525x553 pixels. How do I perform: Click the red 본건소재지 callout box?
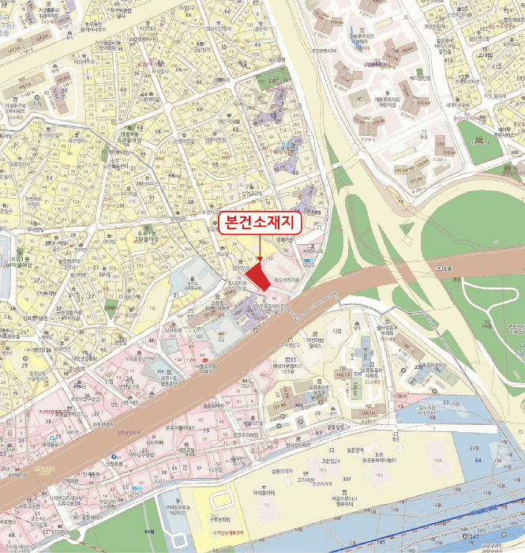pos(260,224)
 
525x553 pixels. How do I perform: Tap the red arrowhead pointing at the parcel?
pos(260,258)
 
